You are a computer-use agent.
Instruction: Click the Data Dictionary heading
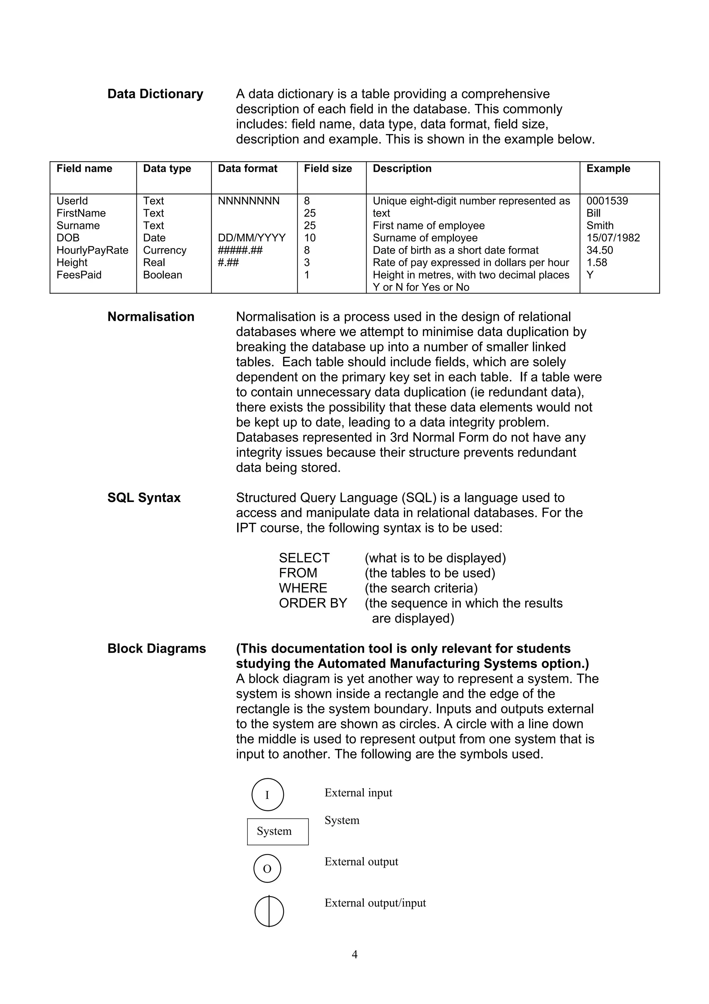pos(155,94)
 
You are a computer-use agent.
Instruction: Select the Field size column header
pos(327,168)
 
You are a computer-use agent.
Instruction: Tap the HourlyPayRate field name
pos(92,250)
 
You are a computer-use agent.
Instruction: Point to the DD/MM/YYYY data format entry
pos(252,238)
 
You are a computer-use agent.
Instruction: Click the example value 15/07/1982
pos(613,238)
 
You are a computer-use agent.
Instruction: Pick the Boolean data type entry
pos(162,275)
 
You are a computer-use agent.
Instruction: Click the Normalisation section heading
pos(151,317)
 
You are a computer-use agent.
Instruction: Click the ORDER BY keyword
pos(313,603)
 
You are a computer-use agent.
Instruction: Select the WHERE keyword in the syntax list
pos(303,588)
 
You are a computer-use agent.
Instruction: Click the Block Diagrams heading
pos(156,649)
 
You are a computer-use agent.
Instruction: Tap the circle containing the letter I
pos(267,794)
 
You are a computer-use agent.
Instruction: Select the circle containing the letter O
pos(267,869)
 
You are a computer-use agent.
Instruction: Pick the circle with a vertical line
pos(269,912)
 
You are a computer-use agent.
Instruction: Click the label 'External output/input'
pos(375,903)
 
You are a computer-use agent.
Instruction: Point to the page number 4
pos(354,954)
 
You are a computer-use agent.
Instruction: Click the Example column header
pos(608,168)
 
